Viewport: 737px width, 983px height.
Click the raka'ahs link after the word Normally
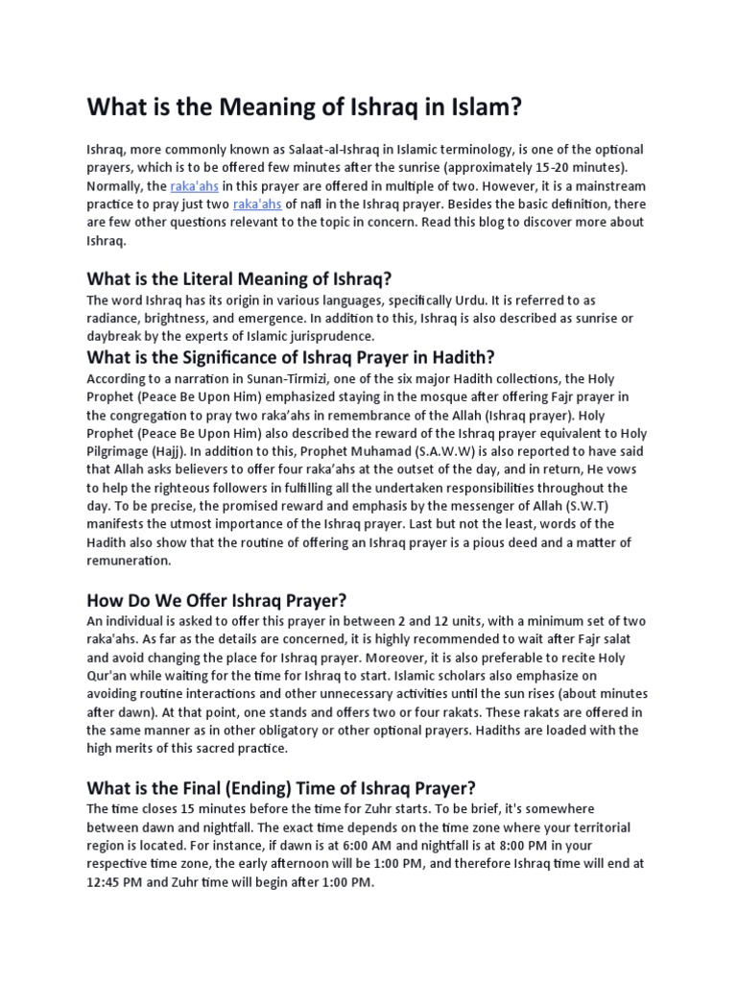[x=196, y=186]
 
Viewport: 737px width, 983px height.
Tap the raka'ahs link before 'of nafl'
[x=257, y=204]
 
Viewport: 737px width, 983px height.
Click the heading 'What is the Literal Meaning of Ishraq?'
[x=240, y=279]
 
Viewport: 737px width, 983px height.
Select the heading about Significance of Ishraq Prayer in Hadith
[x=290, y=357]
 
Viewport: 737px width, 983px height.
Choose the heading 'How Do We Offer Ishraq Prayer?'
[x=216, y=601]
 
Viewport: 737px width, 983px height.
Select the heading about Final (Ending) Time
[x=281, y=788]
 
